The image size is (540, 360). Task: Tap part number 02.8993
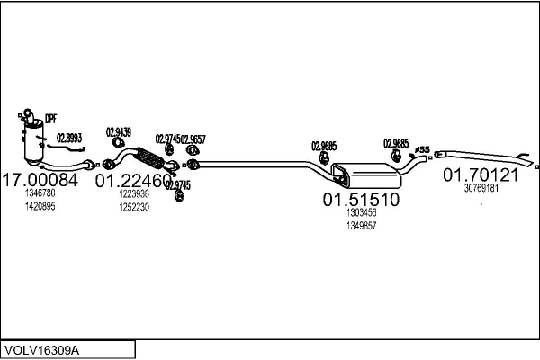[x=69, y=138]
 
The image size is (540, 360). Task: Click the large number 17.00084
[x=41, y=180]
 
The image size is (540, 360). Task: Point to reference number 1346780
[x=40, y=193]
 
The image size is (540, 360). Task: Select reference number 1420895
[x=40, y=206]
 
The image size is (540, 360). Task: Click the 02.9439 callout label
[x=119, y=132]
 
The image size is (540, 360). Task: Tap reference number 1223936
[x=134, y=193]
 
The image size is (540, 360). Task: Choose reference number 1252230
[x=134, y=206]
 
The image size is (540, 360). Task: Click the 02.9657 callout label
[x=193, y=139]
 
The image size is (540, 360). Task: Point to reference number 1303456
[x=361, y=213]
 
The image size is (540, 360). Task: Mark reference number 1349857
[x=361, y=226]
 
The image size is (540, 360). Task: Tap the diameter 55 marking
[x=423, y=148]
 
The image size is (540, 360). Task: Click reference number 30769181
[x=481, y=188]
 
